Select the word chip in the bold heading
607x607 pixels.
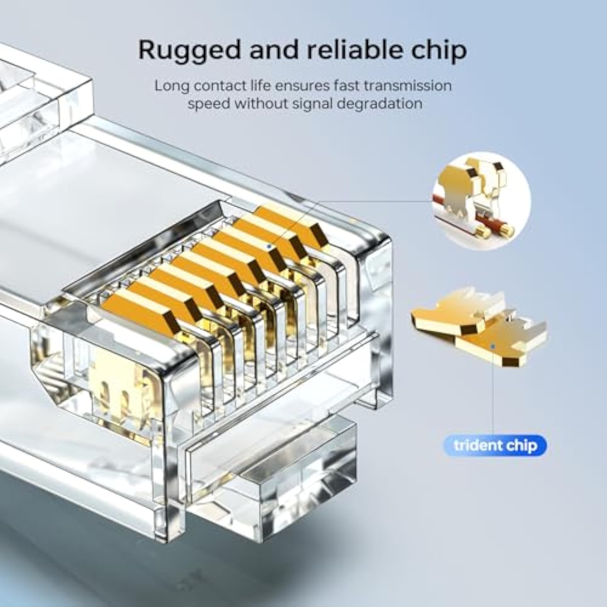pyautogui.click(x=437, y=51)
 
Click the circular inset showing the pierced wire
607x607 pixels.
pyautogui.click(x=481, y=201)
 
